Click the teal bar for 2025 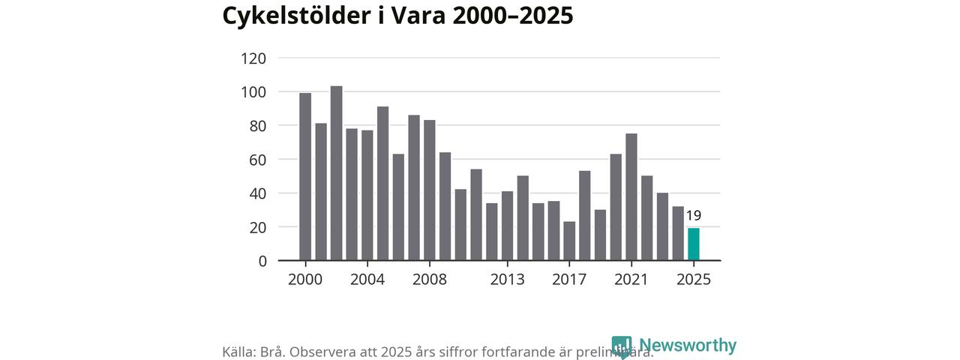pos(694,244)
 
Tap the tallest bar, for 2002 pos(336,173)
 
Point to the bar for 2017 pos(569,241)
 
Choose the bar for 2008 pos(430,190)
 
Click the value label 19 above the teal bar pos(694,216)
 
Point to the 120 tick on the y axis pos(253,58)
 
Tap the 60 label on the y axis pos(258,160)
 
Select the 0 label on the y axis pos(262,261)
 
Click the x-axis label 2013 pos(507,280)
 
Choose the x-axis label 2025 pos(694,280)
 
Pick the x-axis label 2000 pos(305,280)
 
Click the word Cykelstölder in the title pos(293,16)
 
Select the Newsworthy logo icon pos(622,346)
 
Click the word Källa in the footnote pos(239,352)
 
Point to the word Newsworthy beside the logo pos(688,346)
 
